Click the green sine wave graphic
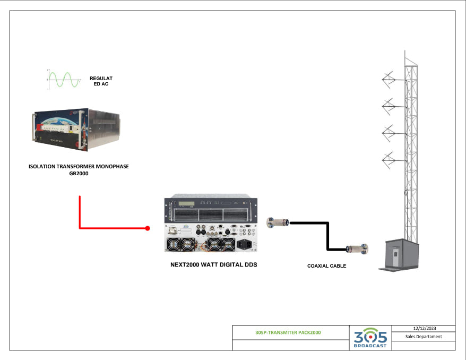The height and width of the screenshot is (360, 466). (x=64, y=80)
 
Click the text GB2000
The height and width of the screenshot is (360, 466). (x=78, y=173)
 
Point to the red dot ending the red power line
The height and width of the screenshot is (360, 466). (x=147, y=228)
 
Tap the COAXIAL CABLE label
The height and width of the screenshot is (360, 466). (x=326, y=265)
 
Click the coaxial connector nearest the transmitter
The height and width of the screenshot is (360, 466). (x=278, y=221)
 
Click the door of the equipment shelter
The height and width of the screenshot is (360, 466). (x=393, y=257)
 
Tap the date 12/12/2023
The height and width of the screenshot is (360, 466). (x=423, y=329)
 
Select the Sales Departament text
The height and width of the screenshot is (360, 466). (x=423, y=337)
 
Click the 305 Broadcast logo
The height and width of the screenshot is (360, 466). (x=370, y=338)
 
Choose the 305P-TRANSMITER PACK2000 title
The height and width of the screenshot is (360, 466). (x=291, y=333)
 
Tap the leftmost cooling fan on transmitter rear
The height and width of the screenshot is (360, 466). (x=176, y=245)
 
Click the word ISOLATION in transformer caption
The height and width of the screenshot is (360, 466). (x=45, y=166)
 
